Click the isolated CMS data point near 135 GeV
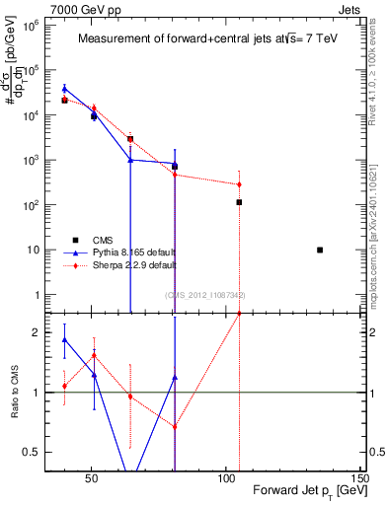pos(320,250)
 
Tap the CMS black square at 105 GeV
pos(239,202)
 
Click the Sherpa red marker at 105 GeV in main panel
pos(239,184)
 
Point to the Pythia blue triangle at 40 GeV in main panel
pos(64,89)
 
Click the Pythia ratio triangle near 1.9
pos(64,339)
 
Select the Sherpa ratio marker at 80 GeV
pos(175,427)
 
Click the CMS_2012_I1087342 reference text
pos(204,295)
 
